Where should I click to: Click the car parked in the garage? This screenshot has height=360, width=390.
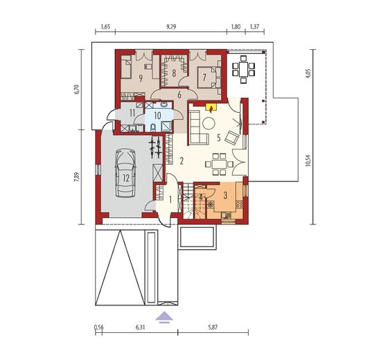click(x=125, y=173)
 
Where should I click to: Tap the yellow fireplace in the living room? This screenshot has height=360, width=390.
click(x=211, y=107)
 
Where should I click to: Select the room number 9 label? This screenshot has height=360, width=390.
click(x=141, y=78)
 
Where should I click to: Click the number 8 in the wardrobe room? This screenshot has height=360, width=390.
click(x=174, y=73)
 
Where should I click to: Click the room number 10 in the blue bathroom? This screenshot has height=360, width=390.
click(x=158, y=116)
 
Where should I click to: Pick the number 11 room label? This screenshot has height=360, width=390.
click(x=132, y=113)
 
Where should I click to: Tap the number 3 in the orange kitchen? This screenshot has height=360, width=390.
click(x=225, y=195)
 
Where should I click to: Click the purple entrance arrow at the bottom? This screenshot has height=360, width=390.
click(x=163, y=318)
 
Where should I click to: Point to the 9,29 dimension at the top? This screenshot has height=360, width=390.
click(x=171, y=27)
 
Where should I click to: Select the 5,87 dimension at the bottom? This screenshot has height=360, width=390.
click(x=213, y=327)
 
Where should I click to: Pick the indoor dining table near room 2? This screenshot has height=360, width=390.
click(x=219, y=164)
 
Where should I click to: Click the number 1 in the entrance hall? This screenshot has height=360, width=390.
click(x=170, y=199)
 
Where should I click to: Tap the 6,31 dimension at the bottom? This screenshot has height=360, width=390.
click(x=140, y=327)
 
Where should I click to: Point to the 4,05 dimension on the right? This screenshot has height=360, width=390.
click(x=309, y=74)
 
